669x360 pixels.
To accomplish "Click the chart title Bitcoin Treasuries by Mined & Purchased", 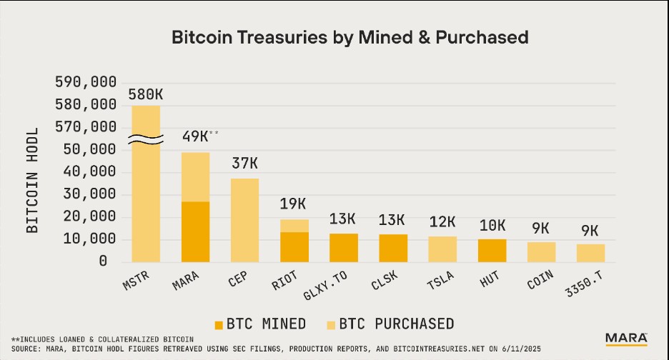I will point(350,38).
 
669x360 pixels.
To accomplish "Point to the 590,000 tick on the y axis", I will point(86,82).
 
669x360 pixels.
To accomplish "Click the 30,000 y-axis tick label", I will point(86,194).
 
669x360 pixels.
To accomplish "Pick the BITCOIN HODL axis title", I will point(33,173).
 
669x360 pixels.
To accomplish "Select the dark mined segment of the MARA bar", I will point(195,231).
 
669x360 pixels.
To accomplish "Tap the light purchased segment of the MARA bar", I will point(195,176).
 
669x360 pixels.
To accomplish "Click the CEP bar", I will point(244,219).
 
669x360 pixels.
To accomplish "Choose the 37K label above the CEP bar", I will point(244,164).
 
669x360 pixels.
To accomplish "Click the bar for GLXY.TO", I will point(343,247).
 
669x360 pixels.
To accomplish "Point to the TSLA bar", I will point(442,249).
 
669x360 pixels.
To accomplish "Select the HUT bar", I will point(492,250).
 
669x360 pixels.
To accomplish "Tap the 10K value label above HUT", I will point(492,226).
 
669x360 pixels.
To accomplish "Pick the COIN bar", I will point(541,251).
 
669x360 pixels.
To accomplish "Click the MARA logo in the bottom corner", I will point(626,338).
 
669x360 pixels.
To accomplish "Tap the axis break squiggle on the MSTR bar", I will point(146,139).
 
